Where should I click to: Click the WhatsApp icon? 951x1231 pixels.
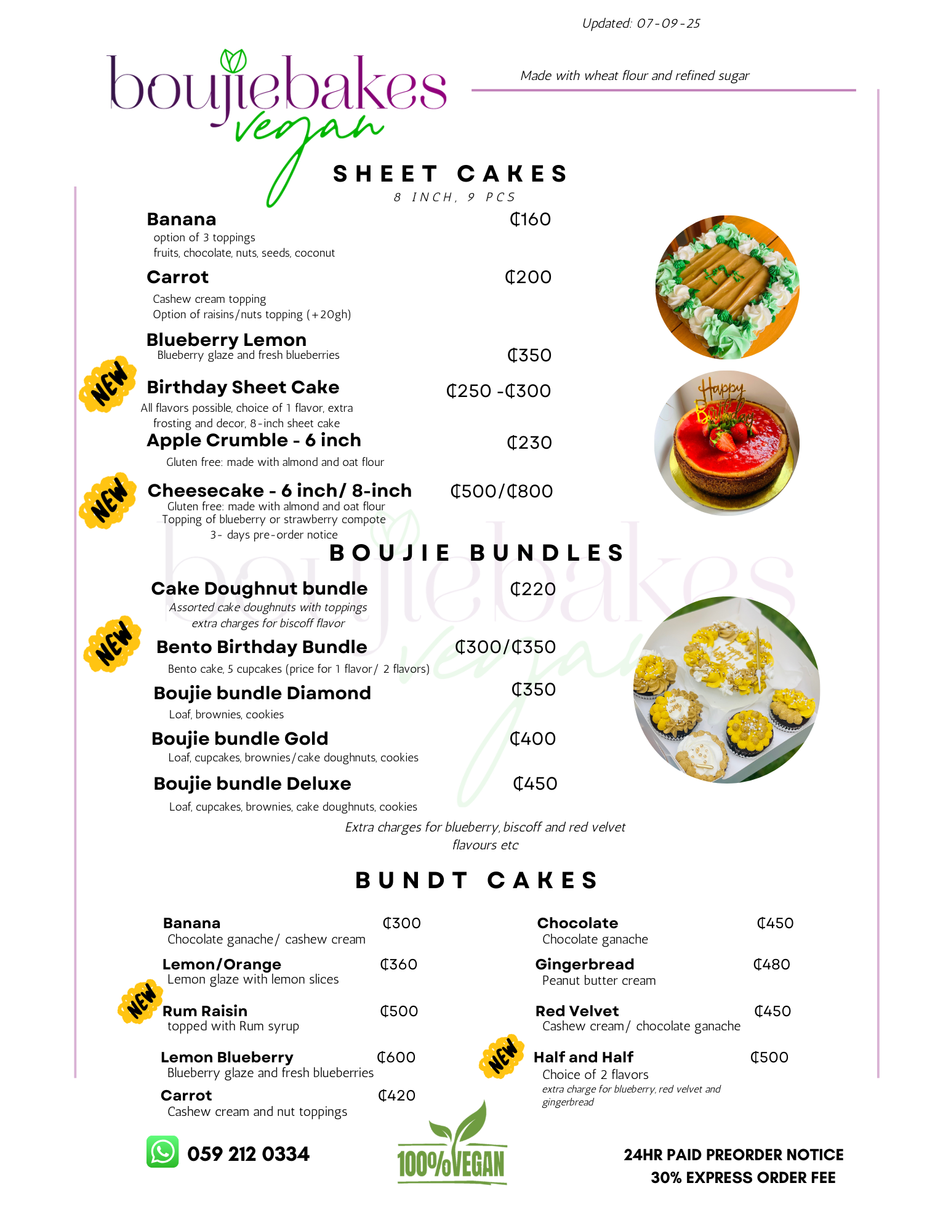(x=163, y=1152)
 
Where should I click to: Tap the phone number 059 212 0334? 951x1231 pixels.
(x=248, y=1154)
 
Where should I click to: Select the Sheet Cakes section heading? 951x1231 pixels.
(x=450, y=174)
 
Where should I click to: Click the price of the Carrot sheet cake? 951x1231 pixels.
(x=528, y=277)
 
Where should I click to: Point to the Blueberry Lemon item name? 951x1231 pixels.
(x=227, y=340)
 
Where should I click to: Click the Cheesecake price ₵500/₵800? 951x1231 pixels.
(x=502, y=491)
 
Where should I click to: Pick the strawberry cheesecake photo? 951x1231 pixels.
(x=727, y=443)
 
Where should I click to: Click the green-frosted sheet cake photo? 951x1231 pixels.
(x=728, y=287)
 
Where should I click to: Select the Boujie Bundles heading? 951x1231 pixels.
(x=477, y=553)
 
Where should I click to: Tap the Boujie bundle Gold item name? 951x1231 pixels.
(x=240, y=739)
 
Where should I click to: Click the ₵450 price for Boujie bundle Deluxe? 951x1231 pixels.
(x=535, y=784)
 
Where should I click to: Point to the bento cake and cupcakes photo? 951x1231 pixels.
(x=726, y=690)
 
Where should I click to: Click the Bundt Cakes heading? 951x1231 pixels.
(x=476, y=880)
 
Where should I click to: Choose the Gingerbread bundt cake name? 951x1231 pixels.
(x=585, y=964)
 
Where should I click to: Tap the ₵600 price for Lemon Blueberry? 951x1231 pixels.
(x=396, y=1057)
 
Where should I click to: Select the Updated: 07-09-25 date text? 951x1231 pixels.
(x=641, y=23)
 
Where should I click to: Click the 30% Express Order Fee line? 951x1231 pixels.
(x=743, y=1177)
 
